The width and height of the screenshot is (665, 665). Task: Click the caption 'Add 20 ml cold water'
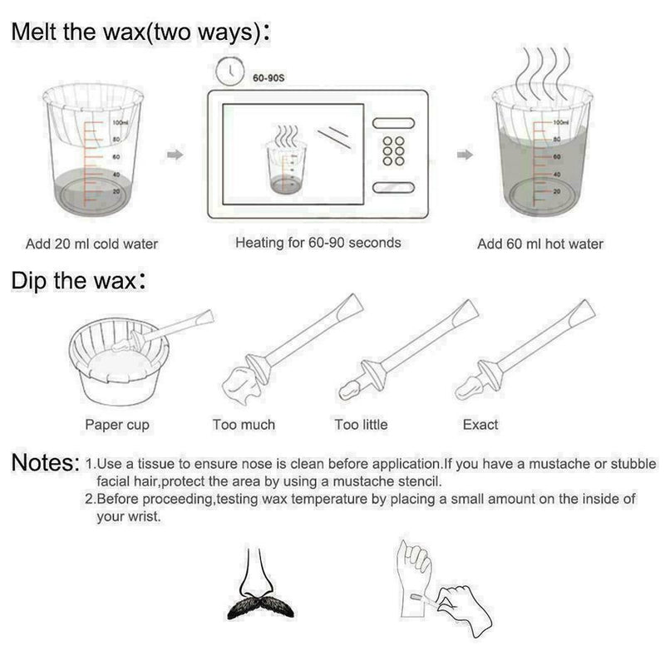tap(91, 244)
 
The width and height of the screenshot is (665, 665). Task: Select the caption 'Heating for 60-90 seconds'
tap(318, 243)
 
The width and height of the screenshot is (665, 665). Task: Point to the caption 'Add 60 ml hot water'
tap(540, 244)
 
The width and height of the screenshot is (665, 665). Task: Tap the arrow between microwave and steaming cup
tap(465, 155)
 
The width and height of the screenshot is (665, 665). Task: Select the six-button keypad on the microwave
tap(392, 152)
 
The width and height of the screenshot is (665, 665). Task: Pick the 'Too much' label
tap(244, 424)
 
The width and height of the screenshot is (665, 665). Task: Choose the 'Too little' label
tap(361, 424)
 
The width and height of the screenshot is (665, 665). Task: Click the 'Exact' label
tap(480, 424)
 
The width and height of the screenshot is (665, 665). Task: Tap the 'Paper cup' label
tap(117, 425)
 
